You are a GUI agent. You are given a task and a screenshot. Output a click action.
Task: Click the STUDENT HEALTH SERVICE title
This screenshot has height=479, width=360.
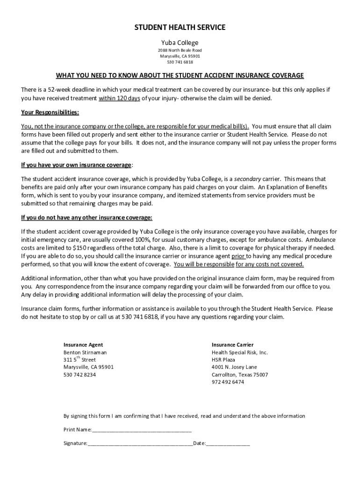(x=180, y=28)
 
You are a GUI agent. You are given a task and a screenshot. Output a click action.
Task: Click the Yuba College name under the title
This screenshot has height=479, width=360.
(x=180, y=42)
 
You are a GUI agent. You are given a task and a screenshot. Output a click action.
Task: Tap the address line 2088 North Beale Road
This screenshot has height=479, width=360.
(x=180, y=51)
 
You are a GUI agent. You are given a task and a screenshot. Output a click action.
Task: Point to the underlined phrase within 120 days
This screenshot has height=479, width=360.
(x=119, y=98)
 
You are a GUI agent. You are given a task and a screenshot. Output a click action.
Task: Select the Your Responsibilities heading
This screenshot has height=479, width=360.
(x=50, y=113)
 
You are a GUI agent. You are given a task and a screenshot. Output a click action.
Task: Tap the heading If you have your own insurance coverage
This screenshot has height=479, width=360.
(x=77, y=165)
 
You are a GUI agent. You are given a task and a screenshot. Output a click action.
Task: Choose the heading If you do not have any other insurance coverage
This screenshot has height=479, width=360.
(x=86, y=218)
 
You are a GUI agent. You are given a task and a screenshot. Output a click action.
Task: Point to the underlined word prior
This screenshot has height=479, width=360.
(x=238, y=256)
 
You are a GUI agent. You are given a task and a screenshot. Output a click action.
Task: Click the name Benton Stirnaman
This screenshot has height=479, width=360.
(x=85, y=352)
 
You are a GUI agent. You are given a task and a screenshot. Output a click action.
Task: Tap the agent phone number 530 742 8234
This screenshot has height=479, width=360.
(x=80, y=375)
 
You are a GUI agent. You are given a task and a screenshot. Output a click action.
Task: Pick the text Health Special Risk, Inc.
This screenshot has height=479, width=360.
(x=240, y=352)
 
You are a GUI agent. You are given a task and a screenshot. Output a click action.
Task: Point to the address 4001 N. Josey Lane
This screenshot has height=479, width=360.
(x=234, y=367)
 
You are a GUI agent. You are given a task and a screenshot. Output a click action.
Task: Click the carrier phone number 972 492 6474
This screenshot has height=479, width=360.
(x=228, y=382)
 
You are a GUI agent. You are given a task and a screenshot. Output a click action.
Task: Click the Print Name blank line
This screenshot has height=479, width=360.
(x=142, y=429)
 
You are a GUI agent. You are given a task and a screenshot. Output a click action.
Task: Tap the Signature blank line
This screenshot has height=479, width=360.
(x=140, y=443)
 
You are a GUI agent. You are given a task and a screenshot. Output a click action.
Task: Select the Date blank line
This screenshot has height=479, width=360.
(x=228, y=443)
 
